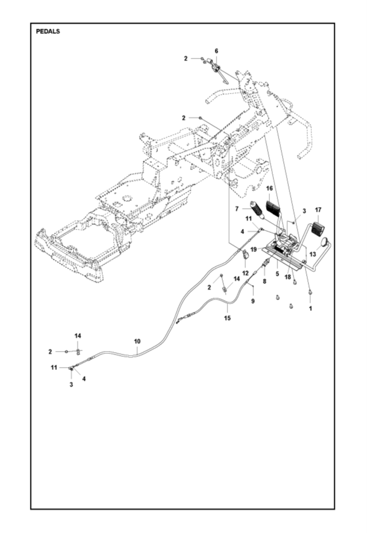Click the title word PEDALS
(x=48, y=32)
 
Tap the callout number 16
(x=269, y=188)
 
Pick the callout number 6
(x=217, y=51)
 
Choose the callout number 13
(x=313, y=254)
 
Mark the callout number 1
(x=311, y=308)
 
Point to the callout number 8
(x=264, y=282)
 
